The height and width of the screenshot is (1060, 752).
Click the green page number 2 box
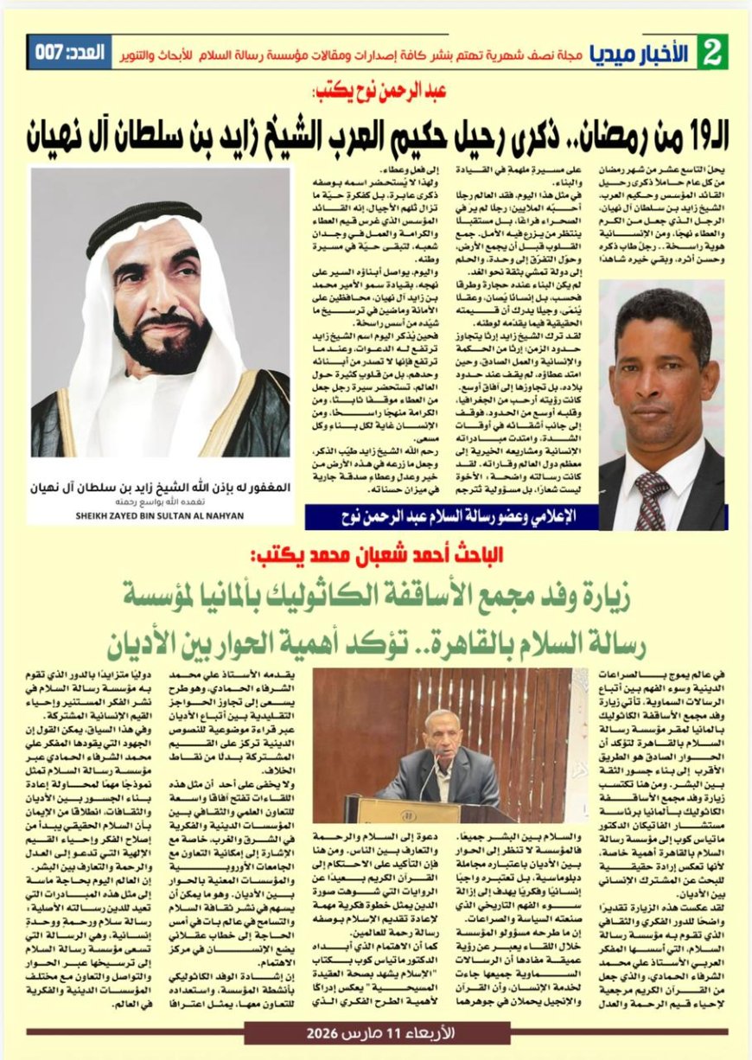click(713, 53)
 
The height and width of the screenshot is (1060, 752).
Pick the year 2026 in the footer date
click(320, 1034)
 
